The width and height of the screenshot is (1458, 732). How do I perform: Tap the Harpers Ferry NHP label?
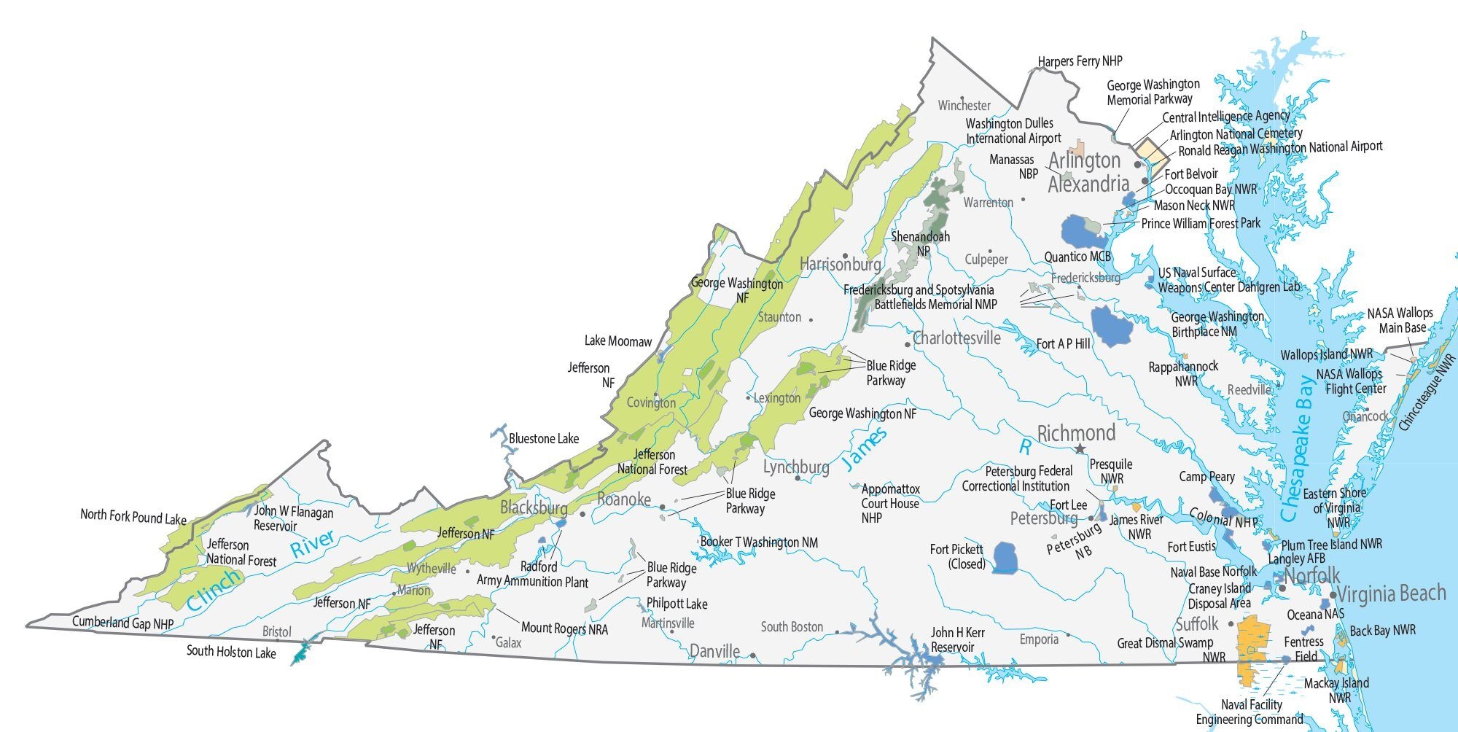[x=1080, y=61]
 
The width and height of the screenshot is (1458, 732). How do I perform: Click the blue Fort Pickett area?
[x=1007, y=558]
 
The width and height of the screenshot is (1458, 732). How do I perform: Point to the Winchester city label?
[x=964, y=106]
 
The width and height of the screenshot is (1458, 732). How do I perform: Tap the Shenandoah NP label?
[x=921, y=244]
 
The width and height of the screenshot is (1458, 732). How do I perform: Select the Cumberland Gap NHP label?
[x=122, y=623]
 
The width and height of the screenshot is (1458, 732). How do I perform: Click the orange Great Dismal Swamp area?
[x=1253, y=645]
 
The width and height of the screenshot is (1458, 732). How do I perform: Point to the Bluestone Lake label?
[x=543, y=439]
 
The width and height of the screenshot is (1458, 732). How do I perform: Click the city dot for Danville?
[x=753, y=655]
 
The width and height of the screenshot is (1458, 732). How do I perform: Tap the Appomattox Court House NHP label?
[x=889, y=503]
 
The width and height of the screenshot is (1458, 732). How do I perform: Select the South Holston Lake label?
[x=231, y=652]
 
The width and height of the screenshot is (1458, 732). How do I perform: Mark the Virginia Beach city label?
[x=1391, y=593]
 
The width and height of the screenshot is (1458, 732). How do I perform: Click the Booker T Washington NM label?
[x=759, y=542]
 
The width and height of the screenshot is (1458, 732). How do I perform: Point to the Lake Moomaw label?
[x=617, y=341]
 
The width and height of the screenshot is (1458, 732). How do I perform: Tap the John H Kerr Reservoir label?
[x=956, y=639]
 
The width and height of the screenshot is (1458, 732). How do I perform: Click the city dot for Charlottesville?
[x=907, y=344]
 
